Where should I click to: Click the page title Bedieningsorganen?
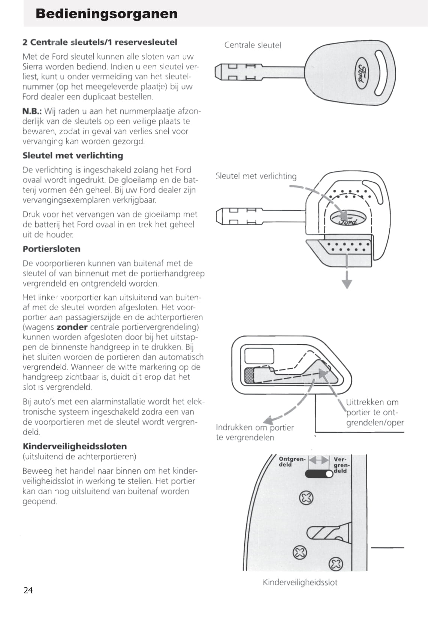click(x=106, y=14)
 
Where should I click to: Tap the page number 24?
click(x=28, y=590)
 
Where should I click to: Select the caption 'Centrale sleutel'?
click(x=253, y=45)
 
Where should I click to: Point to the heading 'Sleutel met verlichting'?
click(x=73, y=156)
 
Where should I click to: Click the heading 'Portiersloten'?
click(x=51, y=249)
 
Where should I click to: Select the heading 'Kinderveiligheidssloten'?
click(x=75, y=446)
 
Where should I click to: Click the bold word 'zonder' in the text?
click(x=72, y=327)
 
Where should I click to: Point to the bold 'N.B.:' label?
click(x=32, y=111)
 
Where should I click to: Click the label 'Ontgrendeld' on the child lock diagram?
click(x=292, y=461)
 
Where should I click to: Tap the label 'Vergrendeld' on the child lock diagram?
click(x=340, y=465)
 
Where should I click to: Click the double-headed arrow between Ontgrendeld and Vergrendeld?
click(x=319, y=460)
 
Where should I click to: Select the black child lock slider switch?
click(x=319, y=474)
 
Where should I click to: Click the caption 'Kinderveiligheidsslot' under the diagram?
click(x=300, y=582)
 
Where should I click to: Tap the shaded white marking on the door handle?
click(x=249, y=375)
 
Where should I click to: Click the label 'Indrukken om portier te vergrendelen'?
click(x=254, y=432)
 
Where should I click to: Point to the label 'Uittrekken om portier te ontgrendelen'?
click(x=374, y=412)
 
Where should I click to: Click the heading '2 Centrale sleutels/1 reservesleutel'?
click(x=100, y=42)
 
